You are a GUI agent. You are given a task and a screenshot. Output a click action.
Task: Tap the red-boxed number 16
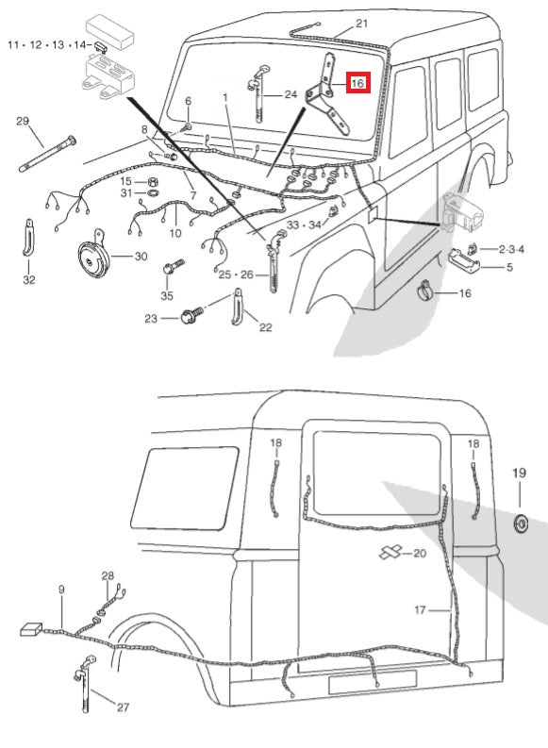[357, 84]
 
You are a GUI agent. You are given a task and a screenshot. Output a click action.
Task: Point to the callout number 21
[362, 23]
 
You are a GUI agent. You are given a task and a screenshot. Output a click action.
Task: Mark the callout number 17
[422, 610]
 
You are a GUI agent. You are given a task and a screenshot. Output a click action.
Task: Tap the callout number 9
[61, 590]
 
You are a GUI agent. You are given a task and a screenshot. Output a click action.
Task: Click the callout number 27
[124, 706]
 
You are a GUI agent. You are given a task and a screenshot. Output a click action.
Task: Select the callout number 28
[108, 575]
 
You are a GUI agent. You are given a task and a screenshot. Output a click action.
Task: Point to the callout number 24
[290, 94]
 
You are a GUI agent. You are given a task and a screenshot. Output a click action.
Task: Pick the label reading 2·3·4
[512, 248]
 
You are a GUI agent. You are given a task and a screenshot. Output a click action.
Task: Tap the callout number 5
[510, 267]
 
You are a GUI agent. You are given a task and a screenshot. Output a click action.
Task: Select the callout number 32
[29, 280]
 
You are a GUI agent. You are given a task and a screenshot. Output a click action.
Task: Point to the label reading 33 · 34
[304, 224]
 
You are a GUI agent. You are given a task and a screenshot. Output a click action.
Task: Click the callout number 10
[174, 232]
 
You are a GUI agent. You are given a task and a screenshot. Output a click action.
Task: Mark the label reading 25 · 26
[238, 274]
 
